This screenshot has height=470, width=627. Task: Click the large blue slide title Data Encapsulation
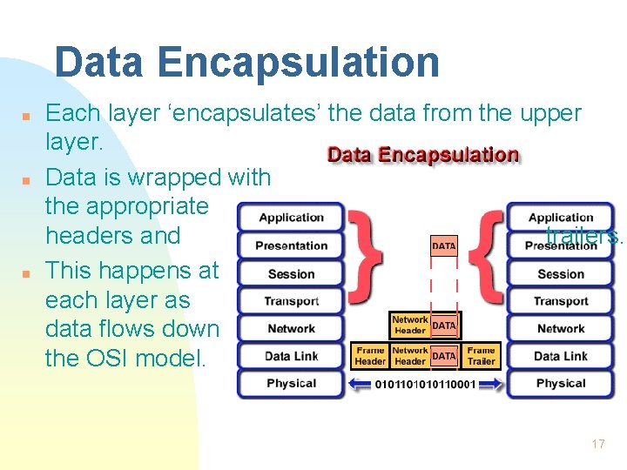point(246,63)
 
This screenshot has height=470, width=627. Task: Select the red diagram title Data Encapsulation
point(422,155)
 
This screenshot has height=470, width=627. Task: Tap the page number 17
point(597,444)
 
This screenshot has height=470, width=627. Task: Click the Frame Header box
point(370,356)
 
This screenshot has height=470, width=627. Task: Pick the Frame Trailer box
point(481,356)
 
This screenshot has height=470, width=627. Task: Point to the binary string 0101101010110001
point(425,385)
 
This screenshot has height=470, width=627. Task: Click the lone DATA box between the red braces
point(443,246)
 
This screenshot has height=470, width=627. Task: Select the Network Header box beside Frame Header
point(409,356)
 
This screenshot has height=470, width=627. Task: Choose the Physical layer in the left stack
point(291,383)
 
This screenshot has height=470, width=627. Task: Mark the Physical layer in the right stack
point(561,383)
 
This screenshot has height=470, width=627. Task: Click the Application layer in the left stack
point(291,218)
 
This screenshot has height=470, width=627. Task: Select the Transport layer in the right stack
point(561,301)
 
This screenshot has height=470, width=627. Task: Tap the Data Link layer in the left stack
point(291,356)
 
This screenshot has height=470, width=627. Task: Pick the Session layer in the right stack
point(561,273)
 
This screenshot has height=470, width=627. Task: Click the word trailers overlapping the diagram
point(583,235)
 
